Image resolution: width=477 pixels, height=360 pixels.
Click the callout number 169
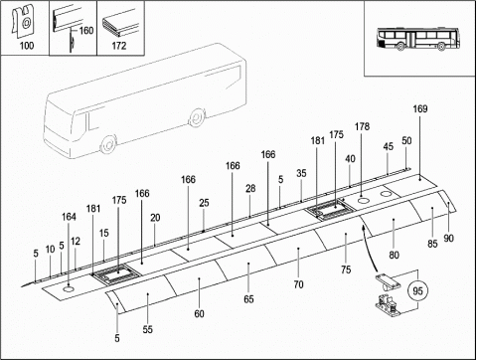pos(420,108)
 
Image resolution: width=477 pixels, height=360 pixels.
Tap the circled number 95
pos(417,290)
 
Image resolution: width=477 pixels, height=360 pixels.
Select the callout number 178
pos(362,126)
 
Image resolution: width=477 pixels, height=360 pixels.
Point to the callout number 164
pos(69,217)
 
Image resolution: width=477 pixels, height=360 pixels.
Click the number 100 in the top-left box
pos(27,46)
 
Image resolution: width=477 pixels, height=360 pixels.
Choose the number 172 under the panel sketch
pos(119,46)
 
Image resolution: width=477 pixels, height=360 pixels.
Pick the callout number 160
pos(86,31)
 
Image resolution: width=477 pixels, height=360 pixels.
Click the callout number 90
pos(448,238)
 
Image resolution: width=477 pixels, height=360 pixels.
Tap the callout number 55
pos(148,329)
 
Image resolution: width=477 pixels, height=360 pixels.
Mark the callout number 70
pos(298,284)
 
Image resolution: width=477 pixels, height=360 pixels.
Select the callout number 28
pos(250,188)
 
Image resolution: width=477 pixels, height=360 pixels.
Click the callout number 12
pos(76,241)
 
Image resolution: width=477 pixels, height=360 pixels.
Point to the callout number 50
pos(406,140)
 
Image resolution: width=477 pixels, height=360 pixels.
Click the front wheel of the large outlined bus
pos(108,145)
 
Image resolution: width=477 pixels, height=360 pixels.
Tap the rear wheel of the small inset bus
pos(440,46)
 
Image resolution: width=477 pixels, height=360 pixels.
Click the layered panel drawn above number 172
pos(119,23)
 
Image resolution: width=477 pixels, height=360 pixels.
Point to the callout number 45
pos(389,146)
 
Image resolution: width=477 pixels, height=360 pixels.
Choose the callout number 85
pos(432,244)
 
